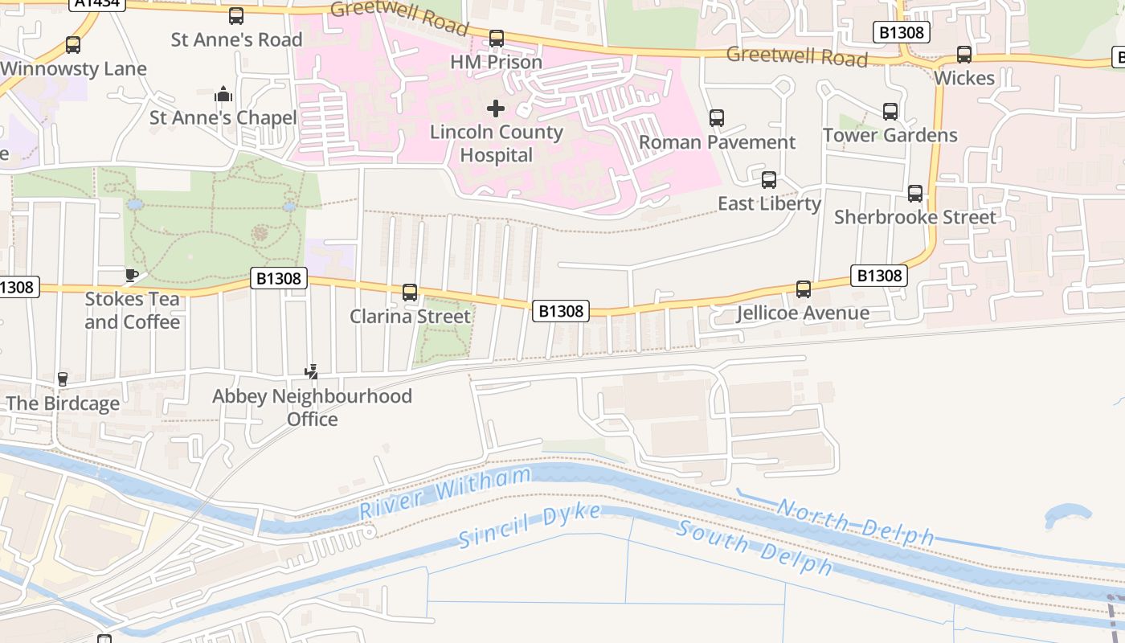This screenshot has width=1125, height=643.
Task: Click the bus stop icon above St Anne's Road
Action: (x=236, y=16)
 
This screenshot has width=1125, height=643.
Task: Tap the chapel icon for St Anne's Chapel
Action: (x=223, y=95)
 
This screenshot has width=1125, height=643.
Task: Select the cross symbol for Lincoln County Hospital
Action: (x=496, y=108)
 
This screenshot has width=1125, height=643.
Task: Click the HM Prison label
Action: (x=496, y=62)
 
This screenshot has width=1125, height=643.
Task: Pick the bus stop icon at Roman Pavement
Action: (x=717, y=118)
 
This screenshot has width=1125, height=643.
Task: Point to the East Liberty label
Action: (x=769, y=203)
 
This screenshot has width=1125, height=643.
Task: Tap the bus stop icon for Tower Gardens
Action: (x=890, y=112)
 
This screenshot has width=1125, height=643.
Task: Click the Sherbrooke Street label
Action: (x=914, y=217)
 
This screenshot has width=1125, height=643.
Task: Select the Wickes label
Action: (x=963, y=78)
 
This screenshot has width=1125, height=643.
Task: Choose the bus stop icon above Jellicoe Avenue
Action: (x=803, y=289)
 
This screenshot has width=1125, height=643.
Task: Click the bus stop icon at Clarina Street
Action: (x=410, y=293)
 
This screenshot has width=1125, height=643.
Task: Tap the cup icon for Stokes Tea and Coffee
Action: (x=132, y=276)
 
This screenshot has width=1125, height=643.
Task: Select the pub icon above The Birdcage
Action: (x=63, y=379)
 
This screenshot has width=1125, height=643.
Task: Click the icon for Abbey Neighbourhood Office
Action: (x=312, y=372)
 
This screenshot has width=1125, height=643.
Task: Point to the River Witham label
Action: (x=445, y=493)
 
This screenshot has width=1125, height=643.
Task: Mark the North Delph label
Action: (x=855, y=522)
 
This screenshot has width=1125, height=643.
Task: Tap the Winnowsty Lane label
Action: (x=74, y=68)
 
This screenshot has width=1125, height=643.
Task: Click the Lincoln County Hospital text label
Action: (x=496, y=143)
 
